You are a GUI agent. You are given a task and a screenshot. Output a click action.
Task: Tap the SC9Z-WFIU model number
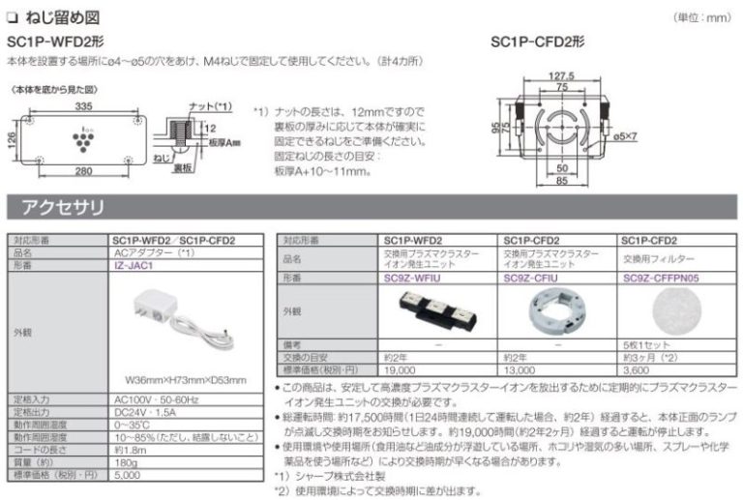(413, 276)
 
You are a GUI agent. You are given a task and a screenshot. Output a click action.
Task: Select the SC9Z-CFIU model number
(531, 276)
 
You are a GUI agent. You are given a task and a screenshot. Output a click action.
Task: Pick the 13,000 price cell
(520, 368)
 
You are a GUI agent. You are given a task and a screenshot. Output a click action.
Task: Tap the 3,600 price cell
(637, 368)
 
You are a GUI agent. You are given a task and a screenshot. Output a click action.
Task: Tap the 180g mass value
(126, 462)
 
